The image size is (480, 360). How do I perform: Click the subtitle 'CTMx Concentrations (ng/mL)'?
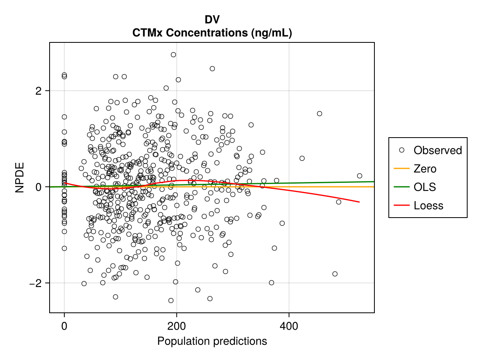[x=212, y=33]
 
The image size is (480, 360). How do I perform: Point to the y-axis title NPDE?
[x=20, y=177]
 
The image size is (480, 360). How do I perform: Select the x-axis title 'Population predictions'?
[x=212, y=341]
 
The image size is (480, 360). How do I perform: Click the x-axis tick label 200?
[x=177, y=326]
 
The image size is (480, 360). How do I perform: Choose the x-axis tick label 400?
[x=289, y=326]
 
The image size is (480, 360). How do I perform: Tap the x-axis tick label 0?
[x=64, y=326]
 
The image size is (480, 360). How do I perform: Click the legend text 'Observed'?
[x=438, y=150]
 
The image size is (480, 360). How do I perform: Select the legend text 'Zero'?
[x=425, y=169]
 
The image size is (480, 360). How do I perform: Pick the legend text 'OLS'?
[x=425, y=187]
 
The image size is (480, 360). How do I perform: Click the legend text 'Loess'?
[x=428, y=206]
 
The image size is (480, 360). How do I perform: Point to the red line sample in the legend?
[x=402, y=206]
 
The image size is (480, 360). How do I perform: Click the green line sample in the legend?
[x=402, y=187]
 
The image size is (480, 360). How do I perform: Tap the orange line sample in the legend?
[x=402, y=169]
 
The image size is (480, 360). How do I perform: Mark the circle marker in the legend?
[x=402, y=150]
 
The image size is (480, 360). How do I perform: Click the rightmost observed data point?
[x=360, y=176]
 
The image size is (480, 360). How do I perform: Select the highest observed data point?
[x=173, y=55]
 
